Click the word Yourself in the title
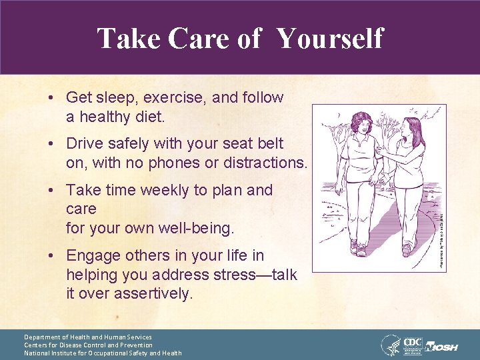tap(330, 38)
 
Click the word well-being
tap(197, 229)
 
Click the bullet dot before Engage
tap(51, 255)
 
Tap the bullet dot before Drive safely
tap(51, 144)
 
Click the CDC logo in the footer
tap(415, 343)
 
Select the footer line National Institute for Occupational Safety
tap(103, 353)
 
